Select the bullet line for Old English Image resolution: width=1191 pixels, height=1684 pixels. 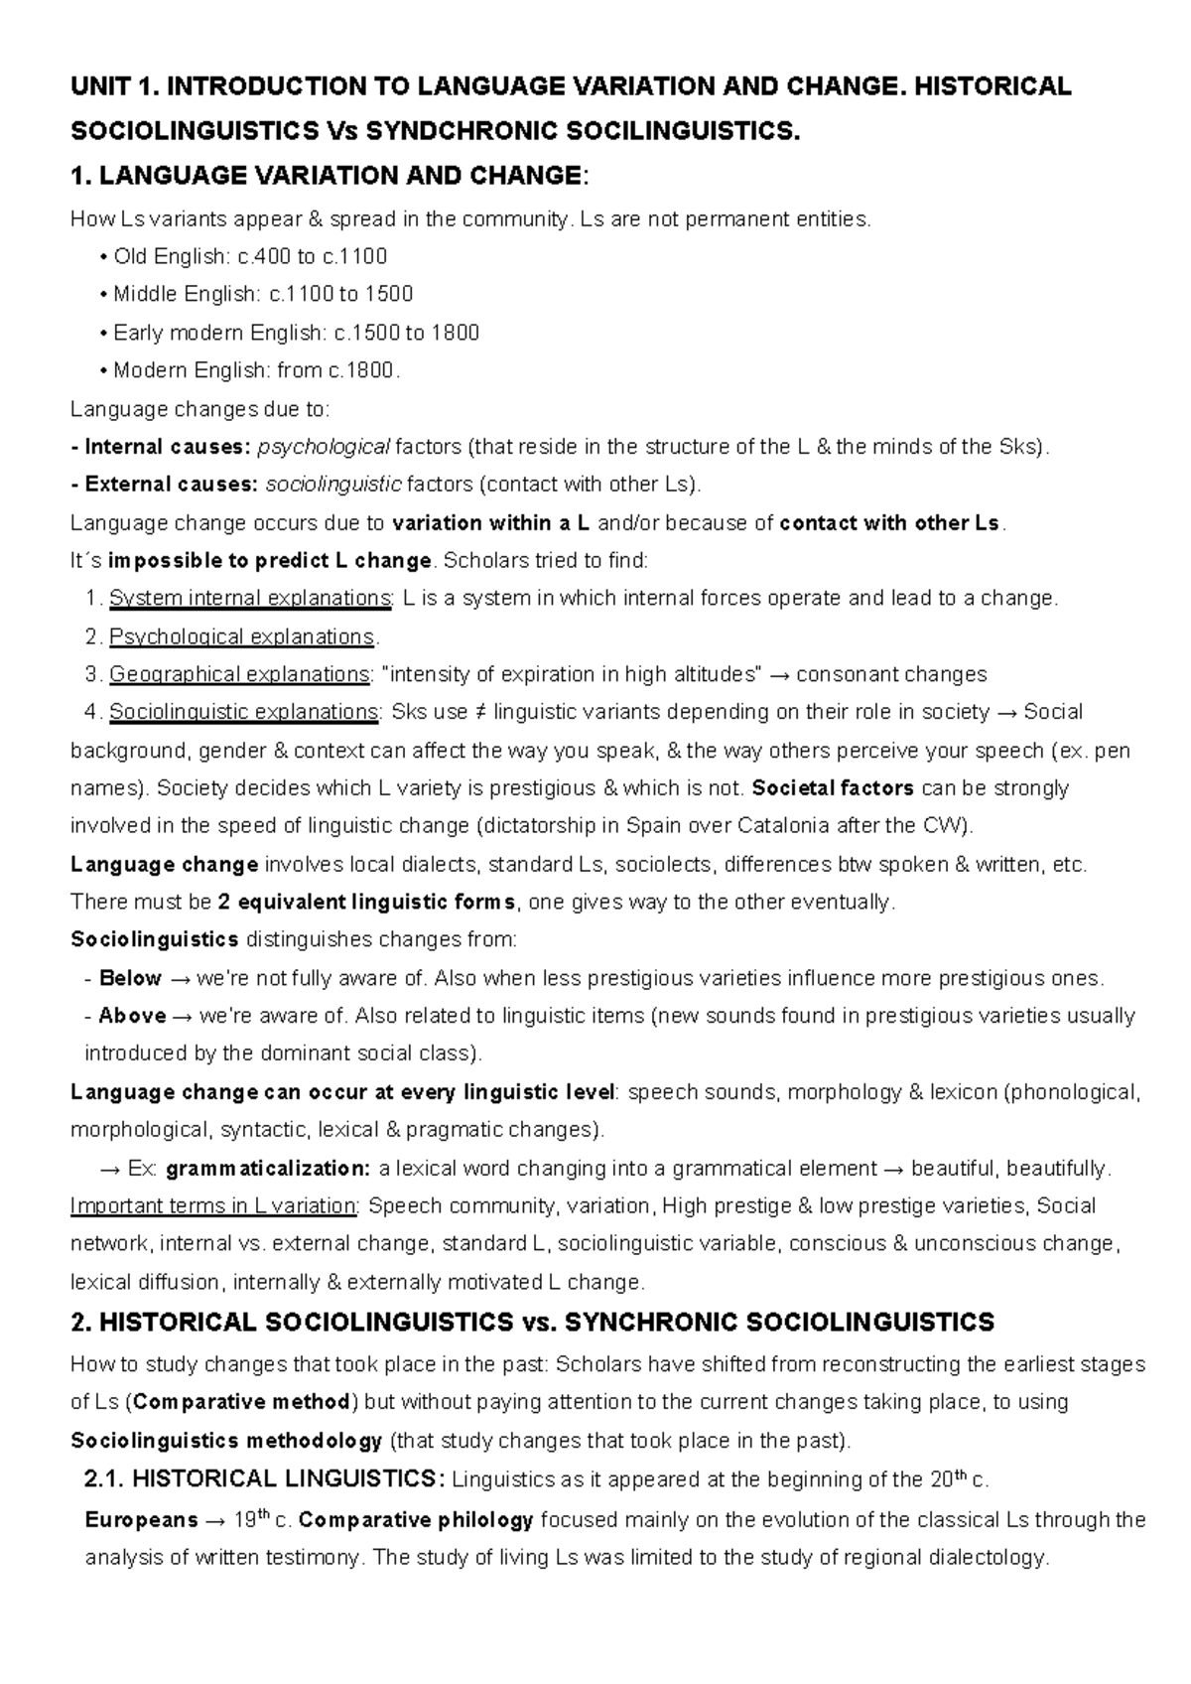pyautogui.click(x=244, y=257)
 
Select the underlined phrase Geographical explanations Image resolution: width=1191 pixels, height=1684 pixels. pyautogui.click(x=239, y=675)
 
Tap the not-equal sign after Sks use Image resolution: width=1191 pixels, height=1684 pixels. pyautogui.click(x=480, y=713)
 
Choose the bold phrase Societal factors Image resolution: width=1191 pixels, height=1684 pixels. pyautogui.click(x=834, y=788)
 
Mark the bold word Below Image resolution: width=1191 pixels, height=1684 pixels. pyautogui.click(x=130, y=978)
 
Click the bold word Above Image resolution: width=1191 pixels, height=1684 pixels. pyautogui.click(x=132, y=1016)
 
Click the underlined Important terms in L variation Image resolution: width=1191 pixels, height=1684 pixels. pyautogui.click(x=213, y=1206)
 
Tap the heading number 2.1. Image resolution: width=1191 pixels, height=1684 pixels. pyautogui.click(x=104, y=1479)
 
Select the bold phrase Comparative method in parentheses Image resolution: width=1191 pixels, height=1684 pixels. pyautogui.click(x=241, y=1403)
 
